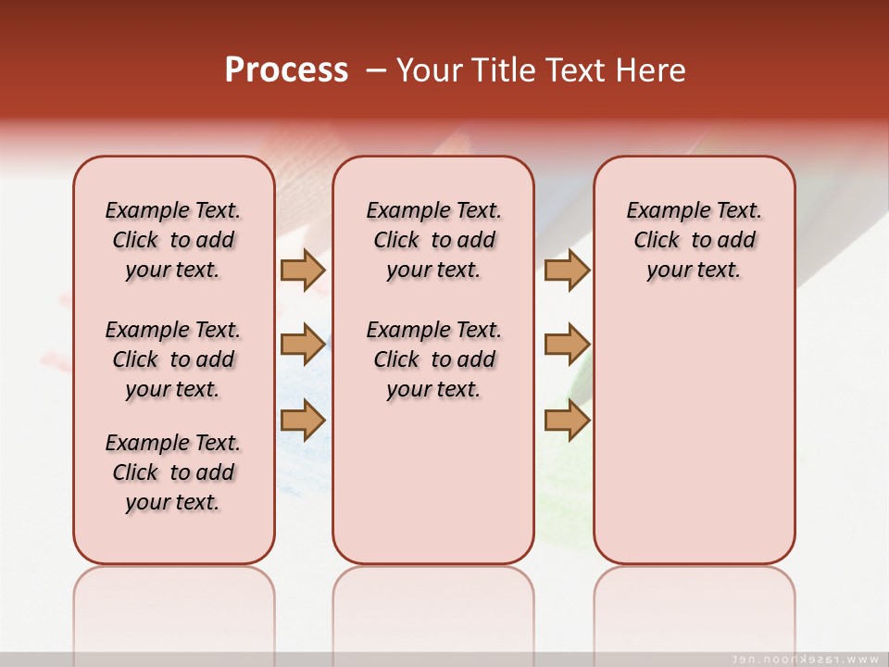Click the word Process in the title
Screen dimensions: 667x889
point(286,70)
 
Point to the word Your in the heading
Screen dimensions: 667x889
point(430,70)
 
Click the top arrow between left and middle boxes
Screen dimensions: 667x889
point(303,270)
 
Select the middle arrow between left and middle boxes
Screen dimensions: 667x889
point(303,345)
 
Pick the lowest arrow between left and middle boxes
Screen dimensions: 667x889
point(303,421)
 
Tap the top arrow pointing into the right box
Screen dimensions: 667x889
point(567,270)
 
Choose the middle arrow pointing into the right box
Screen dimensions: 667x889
point(567,345)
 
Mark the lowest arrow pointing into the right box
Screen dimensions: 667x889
point(567,421)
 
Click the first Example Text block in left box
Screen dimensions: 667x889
point(173,240)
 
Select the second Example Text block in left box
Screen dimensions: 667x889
point(173,359)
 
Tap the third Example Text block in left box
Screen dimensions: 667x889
point(173,472)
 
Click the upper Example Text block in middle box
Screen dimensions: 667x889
point(433,240)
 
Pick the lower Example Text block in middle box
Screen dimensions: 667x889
point(433,359)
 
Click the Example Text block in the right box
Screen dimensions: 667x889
point(694,240)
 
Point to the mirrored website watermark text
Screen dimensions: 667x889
point(805,659)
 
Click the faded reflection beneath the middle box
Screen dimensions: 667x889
point(433,602)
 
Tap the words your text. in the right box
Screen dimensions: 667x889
point(694,271)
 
